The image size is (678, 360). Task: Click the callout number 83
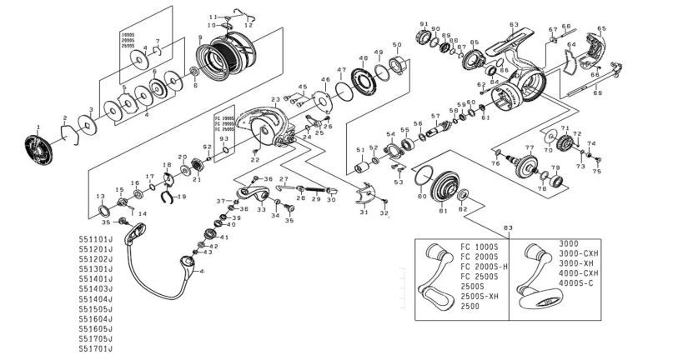coord(509,228)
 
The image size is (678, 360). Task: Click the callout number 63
coord(514,25)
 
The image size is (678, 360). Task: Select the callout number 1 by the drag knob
coord(38,126)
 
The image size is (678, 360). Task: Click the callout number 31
coord(364,212)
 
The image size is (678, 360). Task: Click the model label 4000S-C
coord(577,283)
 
